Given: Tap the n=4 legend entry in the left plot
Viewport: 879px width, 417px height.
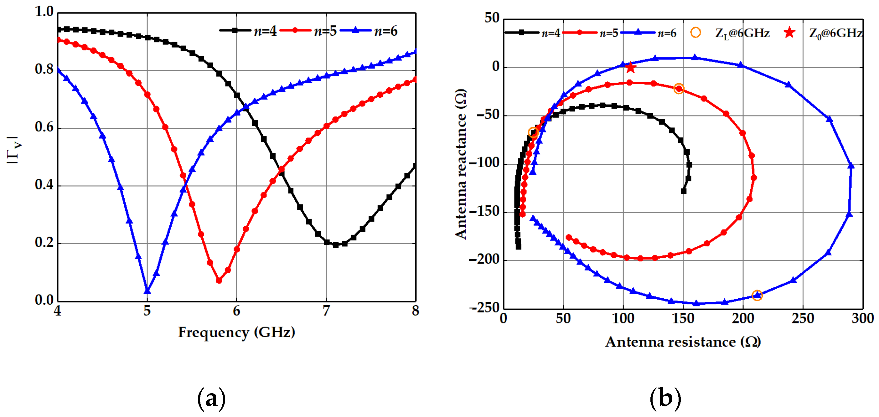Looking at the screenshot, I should (248, 31).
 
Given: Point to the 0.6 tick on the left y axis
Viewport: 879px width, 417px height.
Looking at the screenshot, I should (45, 128).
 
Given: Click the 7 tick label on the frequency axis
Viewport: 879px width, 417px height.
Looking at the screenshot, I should (326, 311).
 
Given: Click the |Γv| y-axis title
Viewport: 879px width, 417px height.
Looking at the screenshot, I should (14, 150).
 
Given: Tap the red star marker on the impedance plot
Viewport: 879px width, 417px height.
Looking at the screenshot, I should (630, 68).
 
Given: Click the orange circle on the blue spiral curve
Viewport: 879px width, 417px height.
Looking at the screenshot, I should (757, 295).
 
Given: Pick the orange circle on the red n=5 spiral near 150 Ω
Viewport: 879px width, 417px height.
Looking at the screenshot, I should (679, 89).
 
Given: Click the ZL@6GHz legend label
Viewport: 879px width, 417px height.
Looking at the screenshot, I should (742, 33).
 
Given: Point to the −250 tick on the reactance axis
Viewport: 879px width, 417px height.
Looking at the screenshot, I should (485, 308).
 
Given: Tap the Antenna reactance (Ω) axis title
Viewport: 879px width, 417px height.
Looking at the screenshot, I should (461, 164).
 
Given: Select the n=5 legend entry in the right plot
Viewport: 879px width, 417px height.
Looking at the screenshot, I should (590, 33).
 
